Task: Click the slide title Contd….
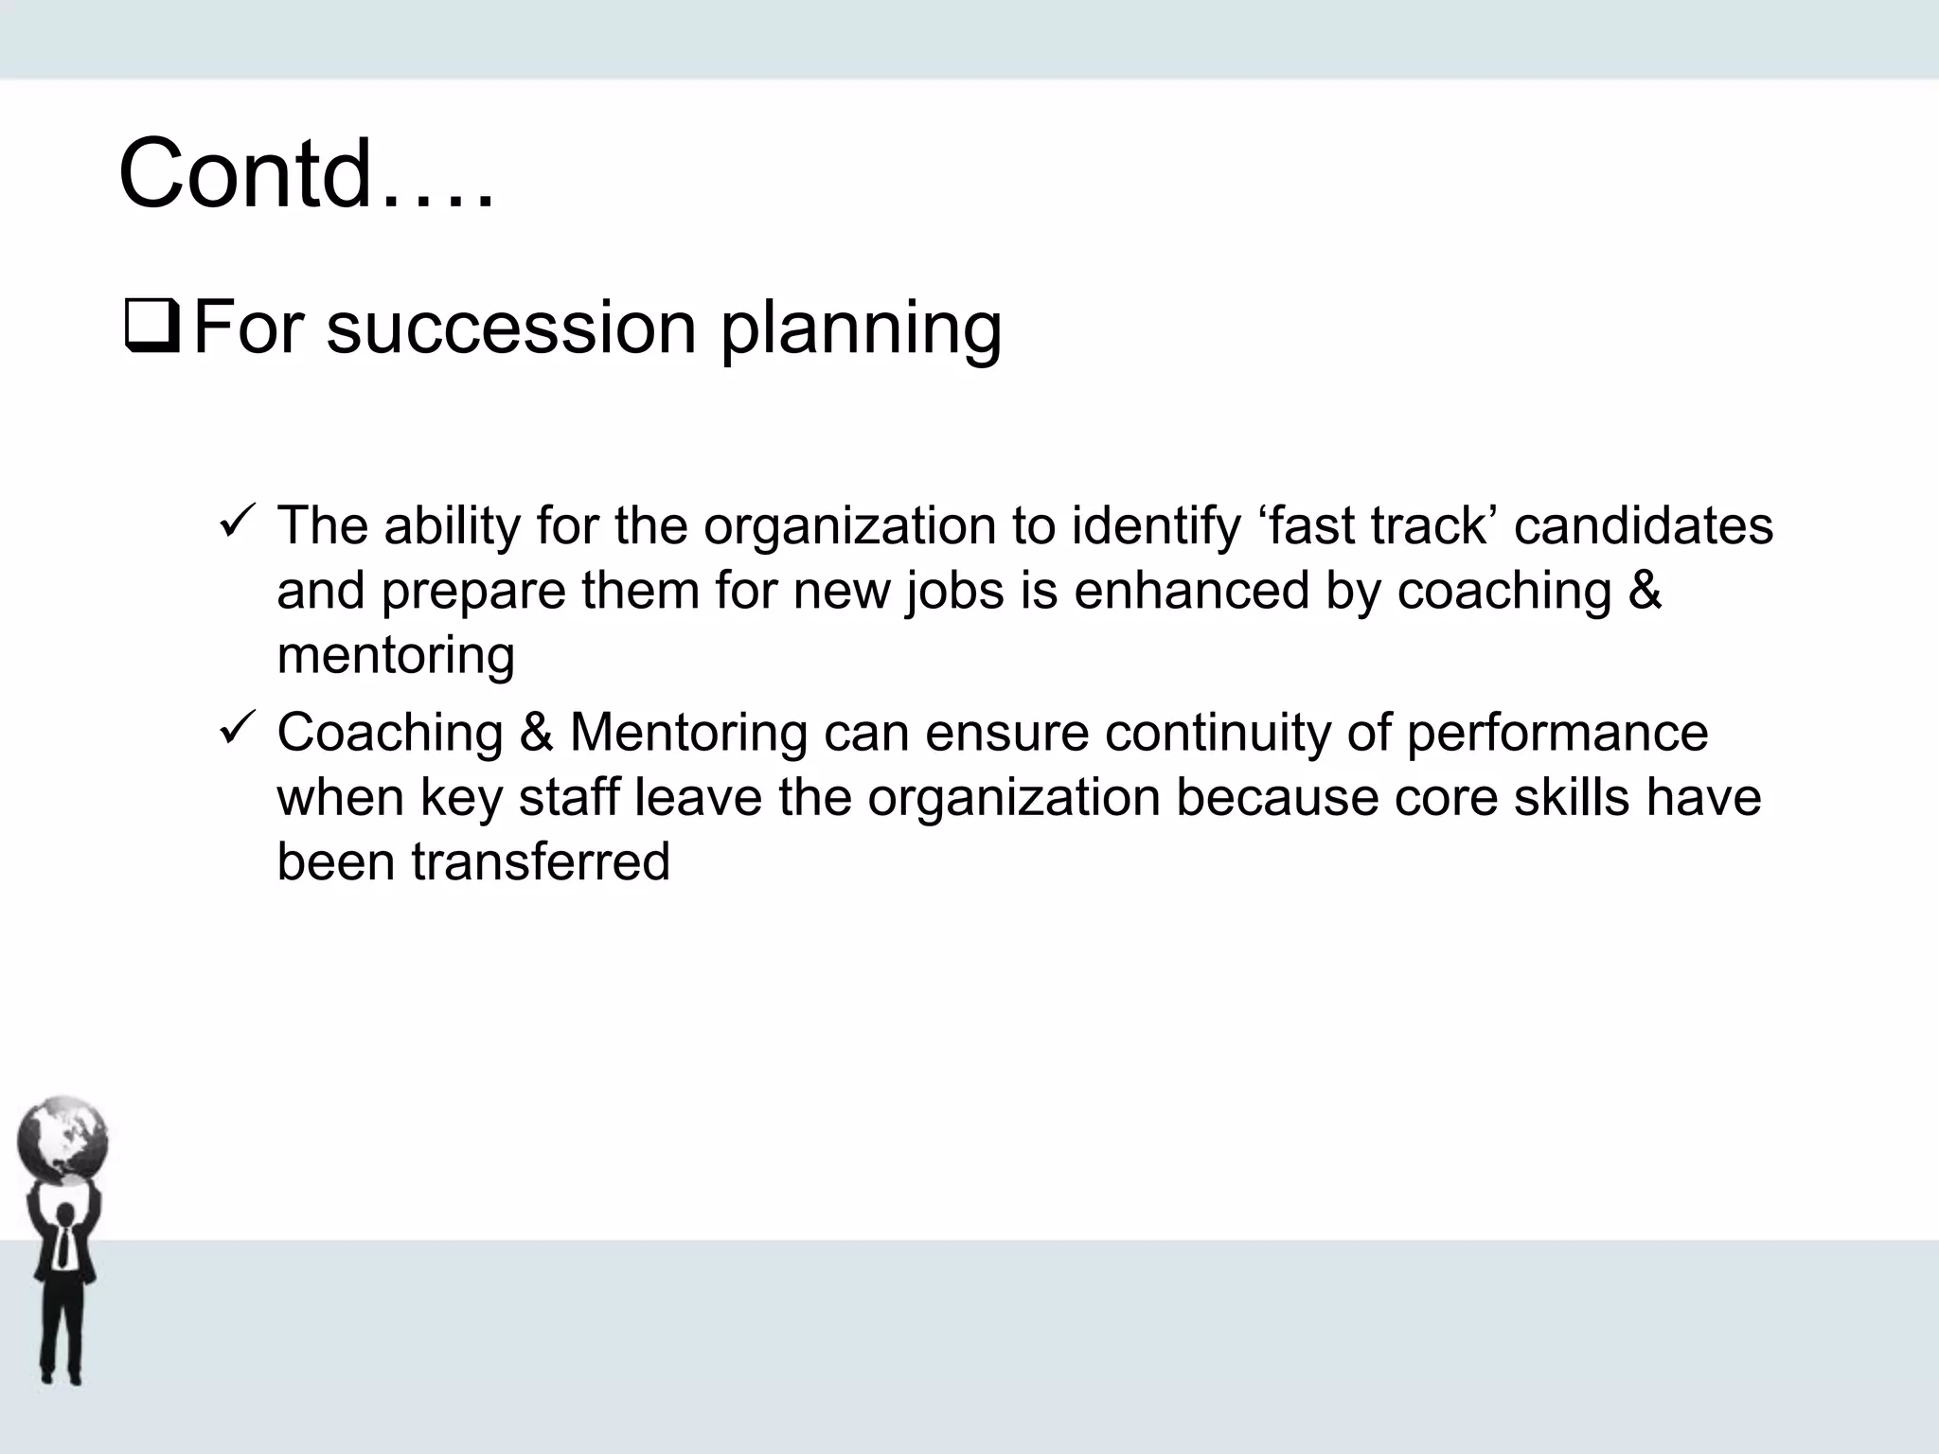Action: (x=306, y=175)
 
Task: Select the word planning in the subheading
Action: (x=861, y=331)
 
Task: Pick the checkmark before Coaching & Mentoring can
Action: (x=233, y=729)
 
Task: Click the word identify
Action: (x=1155, y=526)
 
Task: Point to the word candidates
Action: (x=1643, y=526)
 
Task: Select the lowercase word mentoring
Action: (x=396, y=656)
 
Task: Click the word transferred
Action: (x=541, y=861)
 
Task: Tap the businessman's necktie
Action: (x=63, y=1246)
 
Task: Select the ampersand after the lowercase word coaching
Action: (x=1644, y=591)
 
